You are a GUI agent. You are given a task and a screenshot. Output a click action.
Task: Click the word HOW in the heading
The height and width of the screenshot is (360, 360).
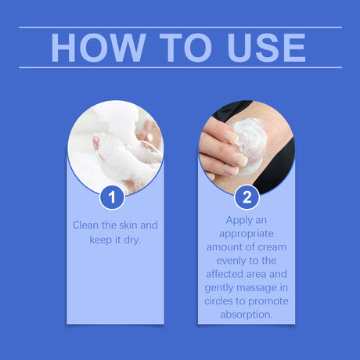[92, 48]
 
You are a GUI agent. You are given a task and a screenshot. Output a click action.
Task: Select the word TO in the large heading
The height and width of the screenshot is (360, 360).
[174, 48]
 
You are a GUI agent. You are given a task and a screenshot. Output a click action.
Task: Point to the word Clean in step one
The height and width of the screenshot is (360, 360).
[86, 225]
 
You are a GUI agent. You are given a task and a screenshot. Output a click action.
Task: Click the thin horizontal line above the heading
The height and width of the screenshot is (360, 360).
[180, 27]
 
